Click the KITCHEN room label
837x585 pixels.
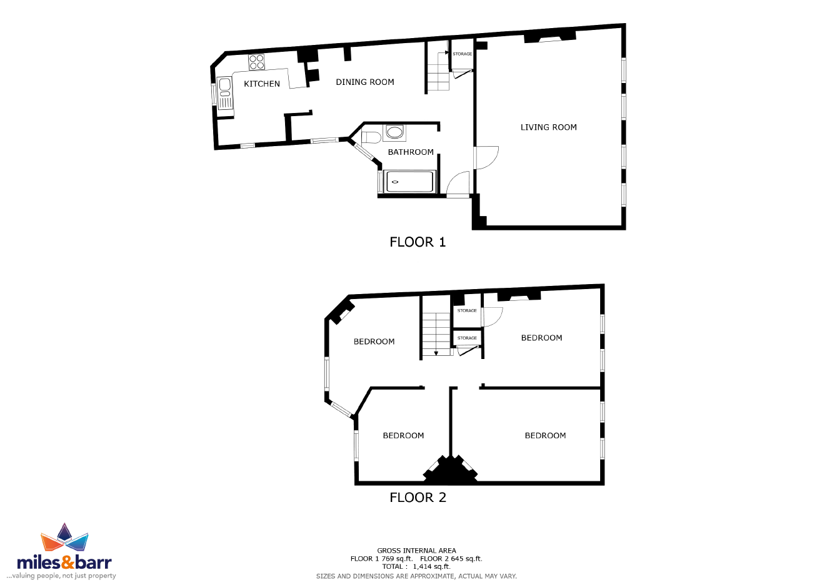pyautogui.click(x=261, y=84)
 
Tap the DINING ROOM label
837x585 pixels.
pyautogui.click(x=364, y=82)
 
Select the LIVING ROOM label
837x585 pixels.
pyautogui.click(x=549, y=127)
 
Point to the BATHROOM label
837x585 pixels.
pyautogui.click(x=411, y=152)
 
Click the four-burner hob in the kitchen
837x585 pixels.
pyautogui.click(x=257, y=62)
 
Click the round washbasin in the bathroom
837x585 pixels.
pyautogui.click(x=394, y=132)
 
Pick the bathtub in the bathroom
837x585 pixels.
pyautogui.click(x=409, y=182)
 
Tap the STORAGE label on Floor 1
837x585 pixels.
pyautogui.click(x=462, y=54)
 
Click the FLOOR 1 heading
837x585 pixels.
pyautogui.click(x=418, y=242)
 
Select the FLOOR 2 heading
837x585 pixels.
pyautogui.click(x=418, y=497)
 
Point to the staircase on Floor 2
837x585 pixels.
pyautogui.click(x=436, y=334)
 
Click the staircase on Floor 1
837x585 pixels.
pyautogui.click(x=438, y=71)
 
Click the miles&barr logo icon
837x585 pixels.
pyautogui.click(x=64, y=537)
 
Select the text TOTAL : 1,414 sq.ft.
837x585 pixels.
pyautogui.click(x=416, y=566)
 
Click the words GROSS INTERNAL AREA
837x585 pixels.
pyautogui.click(x=416, y=550)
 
